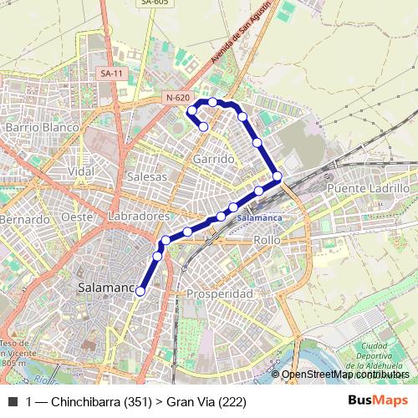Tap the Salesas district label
tap(147, 176)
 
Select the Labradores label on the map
tap(139, 216)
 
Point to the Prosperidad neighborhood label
tap(219, 294)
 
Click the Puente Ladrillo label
tap(369, 189)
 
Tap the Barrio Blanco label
tap(42, 127)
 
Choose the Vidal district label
tap(81, 171)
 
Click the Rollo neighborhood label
tap(266, 240)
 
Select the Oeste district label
tap(76, 217)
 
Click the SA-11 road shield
tap(110, 74)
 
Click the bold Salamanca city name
tap(105, 288)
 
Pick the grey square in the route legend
tap(12, 402)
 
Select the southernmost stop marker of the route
tap(140, 291)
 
